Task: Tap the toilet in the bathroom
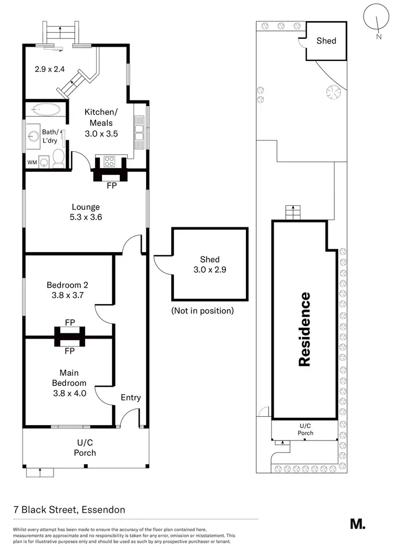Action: coord(58,156)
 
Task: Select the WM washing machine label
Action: coord(32,162)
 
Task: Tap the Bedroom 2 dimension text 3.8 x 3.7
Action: coord(67,295)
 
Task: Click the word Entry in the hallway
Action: coord(130,397)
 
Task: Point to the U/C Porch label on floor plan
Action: coord(85,448)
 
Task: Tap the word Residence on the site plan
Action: coord(305,329)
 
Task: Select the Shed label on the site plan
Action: coord(326,40)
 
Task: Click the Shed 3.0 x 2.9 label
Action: coord(210,264)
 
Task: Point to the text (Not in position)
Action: coord(202,311)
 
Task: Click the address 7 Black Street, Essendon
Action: coord(69,510)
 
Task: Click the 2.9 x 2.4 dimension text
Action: coord(49,68)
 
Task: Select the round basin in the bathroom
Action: coord(35,136)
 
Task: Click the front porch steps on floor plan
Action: coord(40,472)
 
